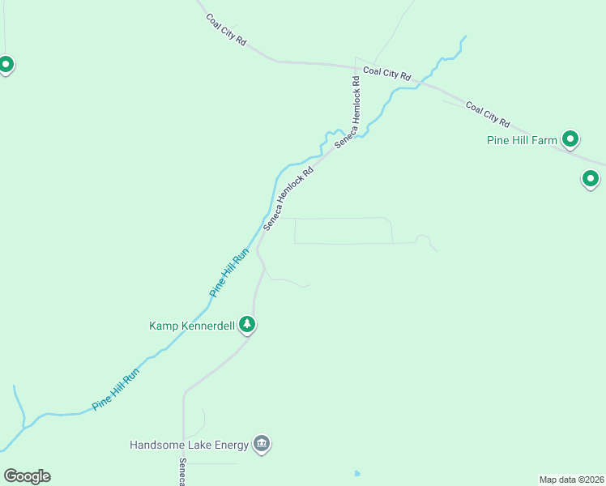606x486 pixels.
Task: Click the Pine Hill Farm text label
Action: tap(522, 140)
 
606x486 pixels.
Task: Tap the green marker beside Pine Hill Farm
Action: tap(570, 139)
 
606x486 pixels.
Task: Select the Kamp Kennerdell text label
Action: tap(192, 326)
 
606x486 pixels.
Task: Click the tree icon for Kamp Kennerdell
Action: tap(247, 325)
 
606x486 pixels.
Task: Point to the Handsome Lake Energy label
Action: tap(190, 445)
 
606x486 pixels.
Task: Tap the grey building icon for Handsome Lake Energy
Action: tap(261, 443)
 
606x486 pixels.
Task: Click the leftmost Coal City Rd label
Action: tap(225, 29)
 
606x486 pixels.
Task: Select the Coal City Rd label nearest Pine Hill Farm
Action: tap(488, 114)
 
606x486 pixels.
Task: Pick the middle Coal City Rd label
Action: tap(387, 72)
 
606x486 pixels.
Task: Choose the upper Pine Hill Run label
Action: tap(230, 272)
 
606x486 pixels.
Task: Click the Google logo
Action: tap(27, 476)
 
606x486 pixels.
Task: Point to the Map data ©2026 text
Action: tap(571, 480)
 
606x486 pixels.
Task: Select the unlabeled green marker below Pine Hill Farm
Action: tap(591, 178)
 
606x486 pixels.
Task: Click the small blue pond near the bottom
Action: tap(356, 473)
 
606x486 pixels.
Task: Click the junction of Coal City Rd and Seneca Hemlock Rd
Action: tap(356, 65)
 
